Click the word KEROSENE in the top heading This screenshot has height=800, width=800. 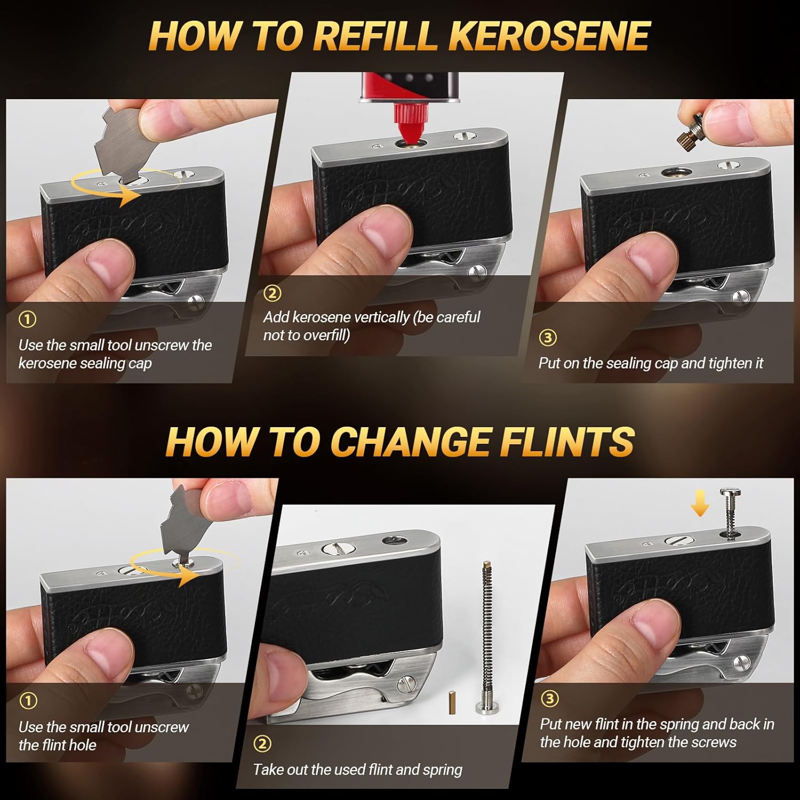[549, 36]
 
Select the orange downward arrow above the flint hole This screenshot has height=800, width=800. [700, 503]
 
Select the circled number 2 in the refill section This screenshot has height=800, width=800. [272, 293]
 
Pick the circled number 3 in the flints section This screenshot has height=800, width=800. [549, 698]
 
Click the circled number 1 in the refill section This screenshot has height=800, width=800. [27, 319]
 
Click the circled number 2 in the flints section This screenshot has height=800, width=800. [262, 743]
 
